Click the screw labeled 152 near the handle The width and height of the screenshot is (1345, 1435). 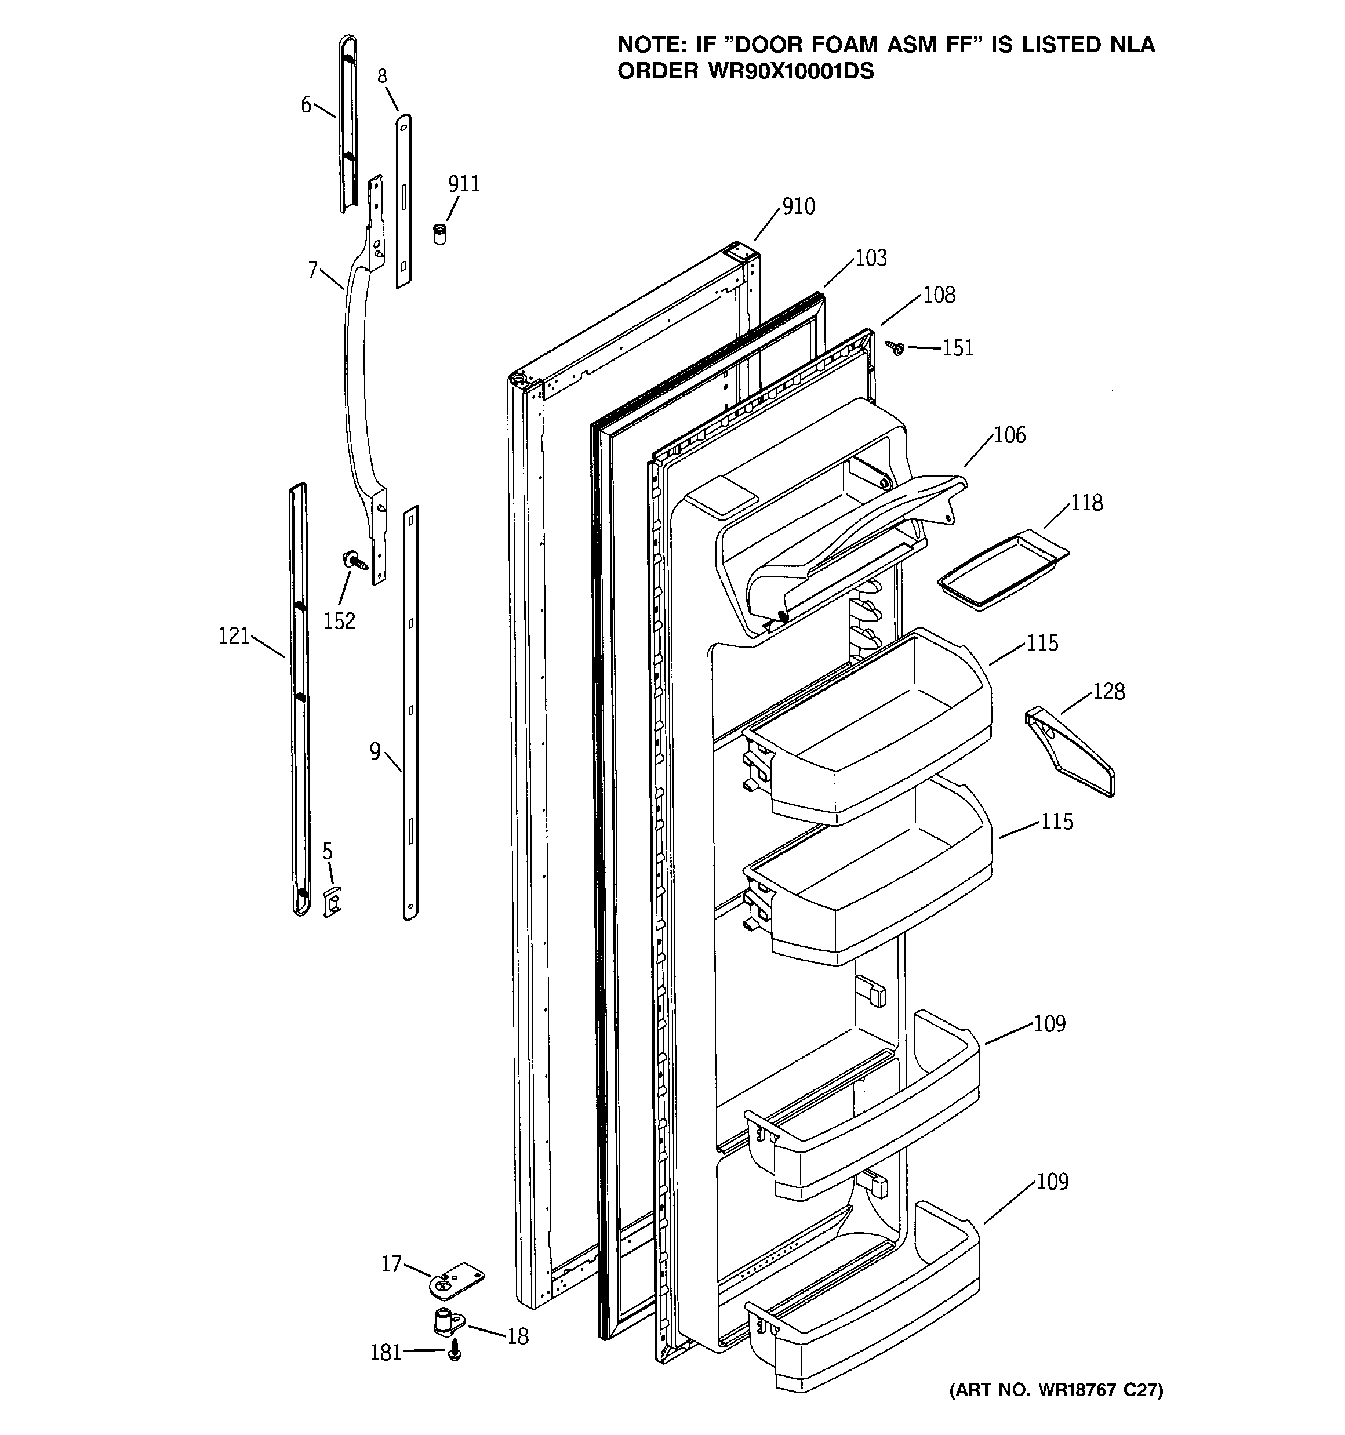pos(354,560)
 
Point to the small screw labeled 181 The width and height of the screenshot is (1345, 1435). pos(454,1352)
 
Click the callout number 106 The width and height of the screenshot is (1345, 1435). pos(1009,435)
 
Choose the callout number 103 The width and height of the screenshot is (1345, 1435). pos(871,259)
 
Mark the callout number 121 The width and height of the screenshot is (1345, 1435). pos(234,637)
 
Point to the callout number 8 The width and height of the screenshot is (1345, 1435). pos(382,77)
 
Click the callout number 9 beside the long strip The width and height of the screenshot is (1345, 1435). pos(375,752)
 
